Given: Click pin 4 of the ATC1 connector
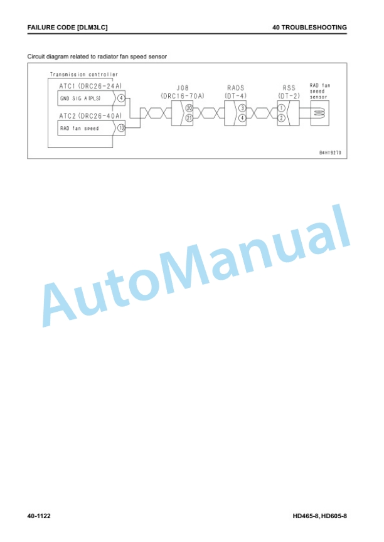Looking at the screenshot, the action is [121, 98].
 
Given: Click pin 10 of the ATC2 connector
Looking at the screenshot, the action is [121, 128].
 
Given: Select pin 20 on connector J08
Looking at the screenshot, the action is [189, 108].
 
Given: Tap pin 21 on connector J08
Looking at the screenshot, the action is [189, 118].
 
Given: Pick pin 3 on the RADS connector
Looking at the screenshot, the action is [242, 108].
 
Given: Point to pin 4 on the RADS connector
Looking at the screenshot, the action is [242, 118].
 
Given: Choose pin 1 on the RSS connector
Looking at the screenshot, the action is [281, 108].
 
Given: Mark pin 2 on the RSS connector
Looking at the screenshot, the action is [281, 118].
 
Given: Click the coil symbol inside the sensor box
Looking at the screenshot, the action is [320, 113].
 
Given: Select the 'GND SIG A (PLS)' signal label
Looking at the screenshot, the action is [80, 98].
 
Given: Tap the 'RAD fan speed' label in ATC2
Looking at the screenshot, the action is [80, 128].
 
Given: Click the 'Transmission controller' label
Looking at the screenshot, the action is [84, 74].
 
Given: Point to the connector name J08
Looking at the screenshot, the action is [183, 88].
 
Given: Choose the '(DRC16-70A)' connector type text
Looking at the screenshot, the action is [183, 96].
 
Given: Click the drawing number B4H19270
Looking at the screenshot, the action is [330, 152].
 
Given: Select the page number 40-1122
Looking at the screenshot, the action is [39, 516].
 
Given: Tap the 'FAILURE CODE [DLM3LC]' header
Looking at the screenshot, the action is [67, 28].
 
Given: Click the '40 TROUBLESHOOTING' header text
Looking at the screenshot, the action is [310, 28].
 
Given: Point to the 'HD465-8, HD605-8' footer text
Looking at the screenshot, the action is [320, 516].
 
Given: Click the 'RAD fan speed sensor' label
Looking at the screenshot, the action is [320, 91].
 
